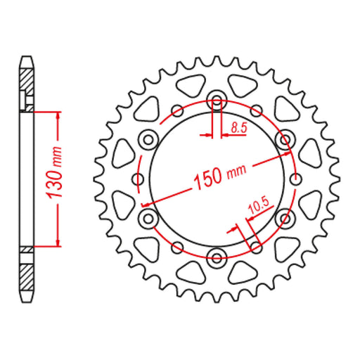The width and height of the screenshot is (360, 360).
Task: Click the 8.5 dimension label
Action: pyautogui.click(x=239, y=128)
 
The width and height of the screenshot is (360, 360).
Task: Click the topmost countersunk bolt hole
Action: pyautogui.click(x=217, y=99)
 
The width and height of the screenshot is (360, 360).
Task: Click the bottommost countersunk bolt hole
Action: pyautogui.click(x=217, y=258)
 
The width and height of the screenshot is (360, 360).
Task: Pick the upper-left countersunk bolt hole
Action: pyautogui.click(x=148, y=140)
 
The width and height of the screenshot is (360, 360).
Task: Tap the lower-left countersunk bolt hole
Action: pyautogui.click(x=148, y=219)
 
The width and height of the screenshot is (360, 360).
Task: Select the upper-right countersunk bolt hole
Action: pyautogui.click(x=285, y=140)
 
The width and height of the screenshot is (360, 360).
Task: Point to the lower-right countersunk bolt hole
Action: pyautogui.click(x=285, y=219)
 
